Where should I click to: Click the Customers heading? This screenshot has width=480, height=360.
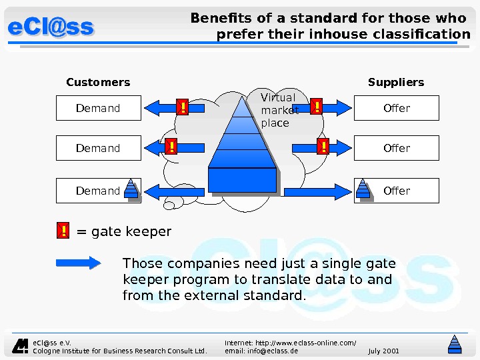tap(98, 83)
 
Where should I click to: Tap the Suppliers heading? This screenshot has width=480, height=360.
tap(396, 83)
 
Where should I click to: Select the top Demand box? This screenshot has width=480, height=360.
tap(98, 108)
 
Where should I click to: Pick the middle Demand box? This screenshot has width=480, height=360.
tap(98, 148)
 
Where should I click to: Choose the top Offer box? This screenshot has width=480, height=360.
tap(397, 108)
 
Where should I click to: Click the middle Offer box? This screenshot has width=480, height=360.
tap(397, 148)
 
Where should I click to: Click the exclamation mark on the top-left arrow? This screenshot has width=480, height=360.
tap(182, 107)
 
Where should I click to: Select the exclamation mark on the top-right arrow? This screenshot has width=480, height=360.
tap(317, 107)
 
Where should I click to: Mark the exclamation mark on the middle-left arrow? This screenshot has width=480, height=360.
tap(171, 147)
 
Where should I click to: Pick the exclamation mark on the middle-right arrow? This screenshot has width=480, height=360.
tap(323, 147)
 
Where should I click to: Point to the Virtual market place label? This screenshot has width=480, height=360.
tap(279, 110)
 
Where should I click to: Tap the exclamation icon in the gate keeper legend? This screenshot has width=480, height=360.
tap(63, 231)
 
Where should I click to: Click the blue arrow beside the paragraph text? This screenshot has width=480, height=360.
tap(78, 263)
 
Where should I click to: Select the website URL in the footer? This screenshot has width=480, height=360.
tap(290, 342)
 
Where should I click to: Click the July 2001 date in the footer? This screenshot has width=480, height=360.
tap(383, 351)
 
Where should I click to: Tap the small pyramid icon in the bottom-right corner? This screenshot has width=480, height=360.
tap(455, 343)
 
